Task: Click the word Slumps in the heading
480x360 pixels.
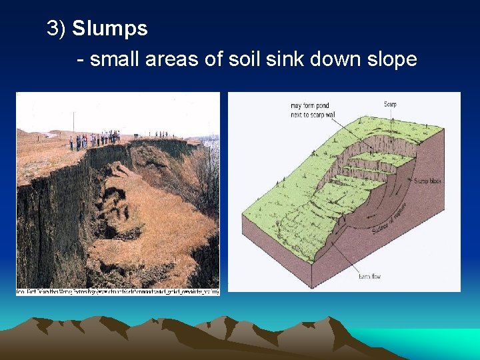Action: [x=110, y=29]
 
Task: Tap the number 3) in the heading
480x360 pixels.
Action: [x=57, y=29]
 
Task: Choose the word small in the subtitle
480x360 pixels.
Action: [x=119, y=59]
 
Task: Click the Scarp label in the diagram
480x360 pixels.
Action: [x=390, y=104]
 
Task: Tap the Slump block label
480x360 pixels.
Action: [x=427, y=181]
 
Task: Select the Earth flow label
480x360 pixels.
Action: [x=369, y=275]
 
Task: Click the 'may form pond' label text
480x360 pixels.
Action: [x=310, y=105]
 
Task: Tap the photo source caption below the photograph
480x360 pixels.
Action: [x=117, y=291]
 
